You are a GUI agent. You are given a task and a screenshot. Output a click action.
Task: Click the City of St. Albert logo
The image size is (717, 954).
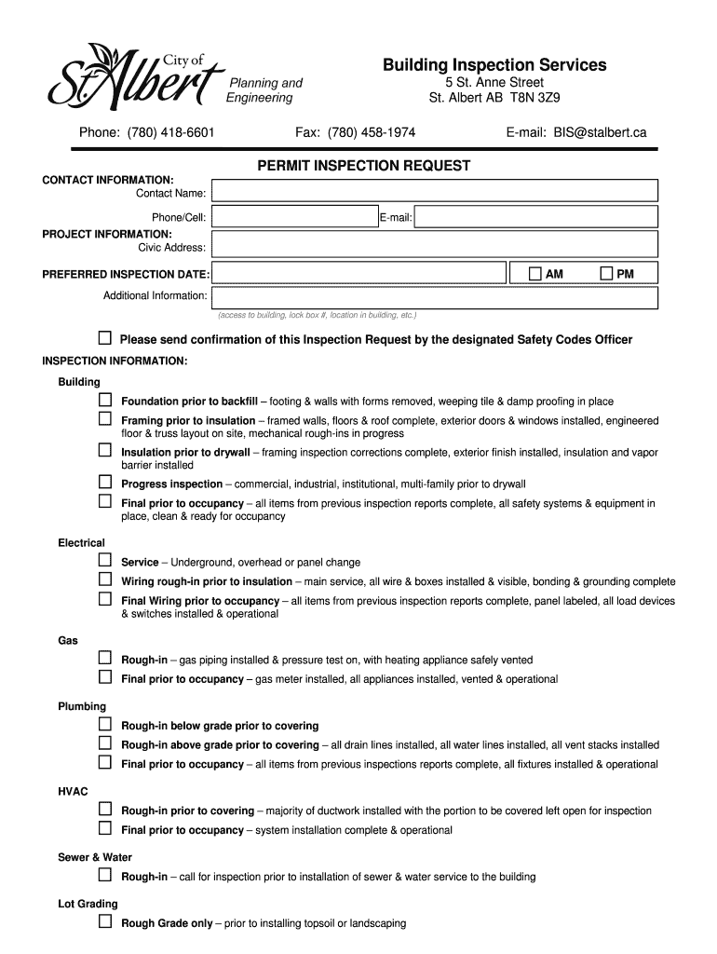pyautogui.click(x=135, y=76)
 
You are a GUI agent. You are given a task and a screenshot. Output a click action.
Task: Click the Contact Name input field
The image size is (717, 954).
pyautogui.click(x=434, y=191)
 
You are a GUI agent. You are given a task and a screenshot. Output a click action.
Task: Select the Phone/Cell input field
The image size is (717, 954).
pyautogui.click(x=293, y=217)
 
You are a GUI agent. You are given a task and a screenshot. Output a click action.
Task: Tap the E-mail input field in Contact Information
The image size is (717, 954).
pyautogui.click(x=535, y=217)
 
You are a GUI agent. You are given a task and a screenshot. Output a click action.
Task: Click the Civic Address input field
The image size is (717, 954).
pyautogui.click(x=434, y=244)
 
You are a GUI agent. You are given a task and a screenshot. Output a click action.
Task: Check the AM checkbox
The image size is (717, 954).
pyautogui.click(x=534, y=274)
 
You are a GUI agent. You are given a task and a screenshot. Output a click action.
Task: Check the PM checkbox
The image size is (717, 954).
pyautogui.click(x=606, y=274)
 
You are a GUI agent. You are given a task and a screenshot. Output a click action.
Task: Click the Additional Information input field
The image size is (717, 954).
pyautogui.click(x=434, y=297)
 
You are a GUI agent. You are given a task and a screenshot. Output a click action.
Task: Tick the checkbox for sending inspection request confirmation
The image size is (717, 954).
pyautogui.click(x=105, y=337)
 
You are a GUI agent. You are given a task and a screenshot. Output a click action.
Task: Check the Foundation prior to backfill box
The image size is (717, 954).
pyautogui.click(x=105, y=400)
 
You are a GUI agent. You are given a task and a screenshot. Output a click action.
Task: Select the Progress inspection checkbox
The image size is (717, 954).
pyautogui.click(x=105, y=483)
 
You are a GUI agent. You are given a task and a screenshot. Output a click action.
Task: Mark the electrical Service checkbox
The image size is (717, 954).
pyautogui.click(x=105, y=561)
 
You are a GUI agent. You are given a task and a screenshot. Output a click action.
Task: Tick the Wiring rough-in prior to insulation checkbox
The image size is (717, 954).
pyautogui.click(x=105, y=580)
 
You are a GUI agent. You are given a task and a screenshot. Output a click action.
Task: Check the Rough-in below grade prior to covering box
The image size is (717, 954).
pyautogui.click(x=105, y=724)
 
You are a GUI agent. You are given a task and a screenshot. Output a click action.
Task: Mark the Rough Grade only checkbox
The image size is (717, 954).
pyautogui.click(x=105, y=922)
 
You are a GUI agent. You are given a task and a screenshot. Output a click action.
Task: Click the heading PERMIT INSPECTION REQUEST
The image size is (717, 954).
pyautogui.click(x=363, y=166)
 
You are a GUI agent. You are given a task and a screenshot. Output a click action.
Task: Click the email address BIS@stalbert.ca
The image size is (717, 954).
pyautogui.click(x=598, y=133)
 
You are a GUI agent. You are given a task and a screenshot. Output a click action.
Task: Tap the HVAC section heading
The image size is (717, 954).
pyautogui.click(x=73, y=791)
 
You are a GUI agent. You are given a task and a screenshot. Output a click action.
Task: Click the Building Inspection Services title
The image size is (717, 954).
pyautogui.click(x=494, y=64)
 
